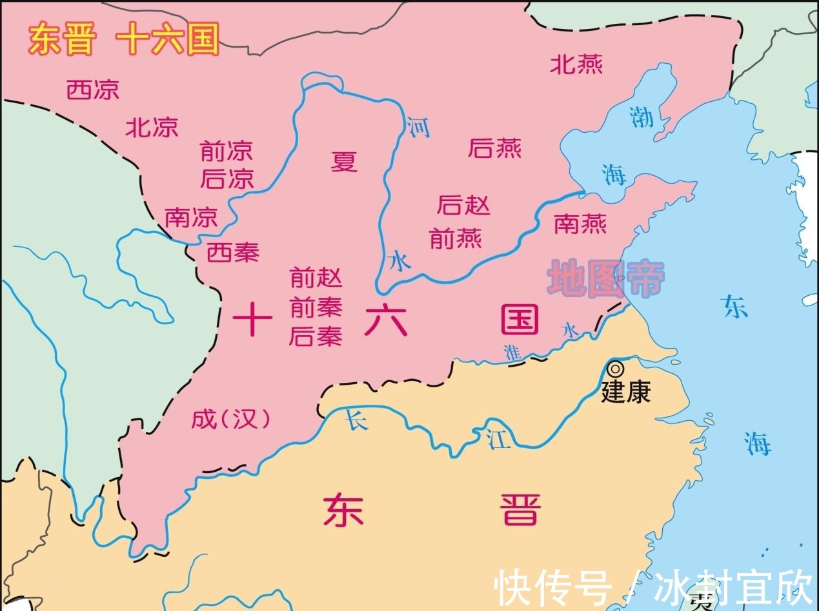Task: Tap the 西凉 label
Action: [x=93, y=90]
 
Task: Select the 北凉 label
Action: [x=152, y=127]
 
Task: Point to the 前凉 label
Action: [x=227, y=152]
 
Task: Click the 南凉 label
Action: [x=191, y=217]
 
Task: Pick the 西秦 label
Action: [x=233, y=253]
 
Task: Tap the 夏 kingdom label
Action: [x=344, y=161]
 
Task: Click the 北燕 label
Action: [x=576, y=64]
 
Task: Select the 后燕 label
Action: [x=495, y=149]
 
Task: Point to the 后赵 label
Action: [x=463, y=206]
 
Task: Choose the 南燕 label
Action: [x=580, y=224]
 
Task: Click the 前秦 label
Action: [x=316, y=307]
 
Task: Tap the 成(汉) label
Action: [x=231, y=420]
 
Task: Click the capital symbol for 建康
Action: [x=616, y=369]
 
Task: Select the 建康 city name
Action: [x=625, y=393]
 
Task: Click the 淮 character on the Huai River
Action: [x=513, y=353]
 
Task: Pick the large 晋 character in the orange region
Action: [x=520, y=510]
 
